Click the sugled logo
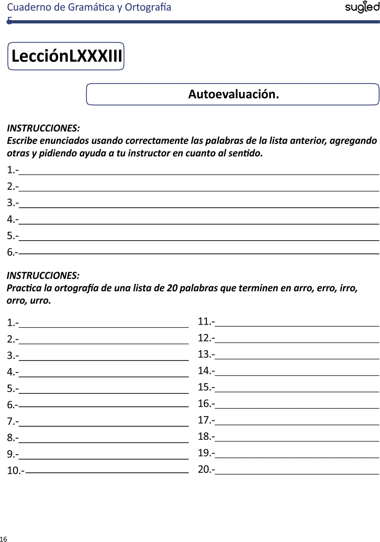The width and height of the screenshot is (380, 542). (362, 8)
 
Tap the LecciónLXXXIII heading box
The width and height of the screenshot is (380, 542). (66, 56)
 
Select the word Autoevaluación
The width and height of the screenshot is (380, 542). (234, 94)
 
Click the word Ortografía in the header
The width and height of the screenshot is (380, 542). (148, 7)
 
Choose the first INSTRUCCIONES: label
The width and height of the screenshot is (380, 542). (43, 128)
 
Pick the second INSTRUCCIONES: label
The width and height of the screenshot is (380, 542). (43, 275)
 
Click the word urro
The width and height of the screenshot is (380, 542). (40, 300)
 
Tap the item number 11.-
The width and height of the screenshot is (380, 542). (206, 322)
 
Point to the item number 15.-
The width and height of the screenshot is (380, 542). (206, 387)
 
